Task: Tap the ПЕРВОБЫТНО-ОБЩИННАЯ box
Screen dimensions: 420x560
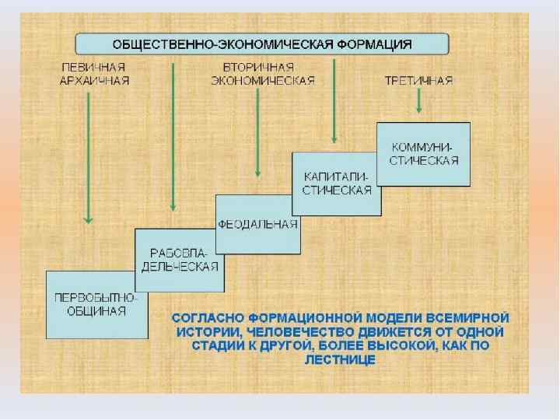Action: coord(96,304)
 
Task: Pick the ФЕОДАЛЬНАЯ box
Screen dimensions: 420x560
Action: coord(258,224)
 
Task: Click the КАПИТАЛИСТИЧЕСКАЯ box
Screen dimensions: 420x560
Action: coord(337,184)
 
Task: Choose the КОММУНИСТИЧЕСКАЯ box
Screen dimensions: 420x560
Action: coord(423,153)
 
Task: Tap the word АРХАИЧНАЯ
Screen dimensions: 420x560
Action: coord(94,80)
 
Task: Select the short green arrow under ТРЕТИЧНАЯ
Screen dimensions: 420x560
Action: coord(419,101)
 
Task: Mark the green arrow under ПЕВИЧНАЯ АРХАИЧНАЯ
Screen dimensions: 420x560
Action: coord(89,156)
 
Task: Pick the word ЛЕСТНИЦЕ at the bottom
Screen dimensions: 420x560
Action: coord(341,360)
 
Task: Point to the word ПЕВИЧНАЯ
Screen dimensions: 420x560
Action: coord(94,68)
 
